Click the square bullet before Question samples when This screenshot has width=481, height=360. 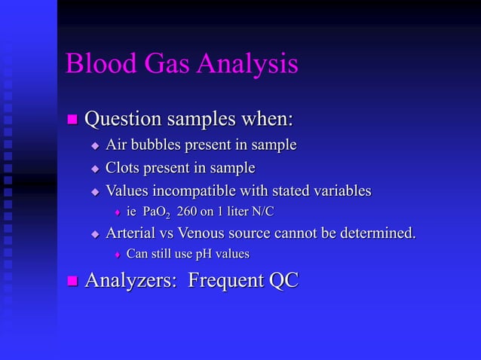point(73,120)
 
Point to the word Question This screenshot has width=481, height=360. point(121,120)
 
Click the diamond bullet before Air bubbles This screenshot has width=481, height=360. point(95,145)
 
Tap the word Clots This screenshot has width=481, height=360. point(122,167)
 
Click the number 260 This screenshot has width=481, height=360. point(189,212)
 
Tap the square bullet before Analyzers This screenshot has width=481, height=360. point(73,282)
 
